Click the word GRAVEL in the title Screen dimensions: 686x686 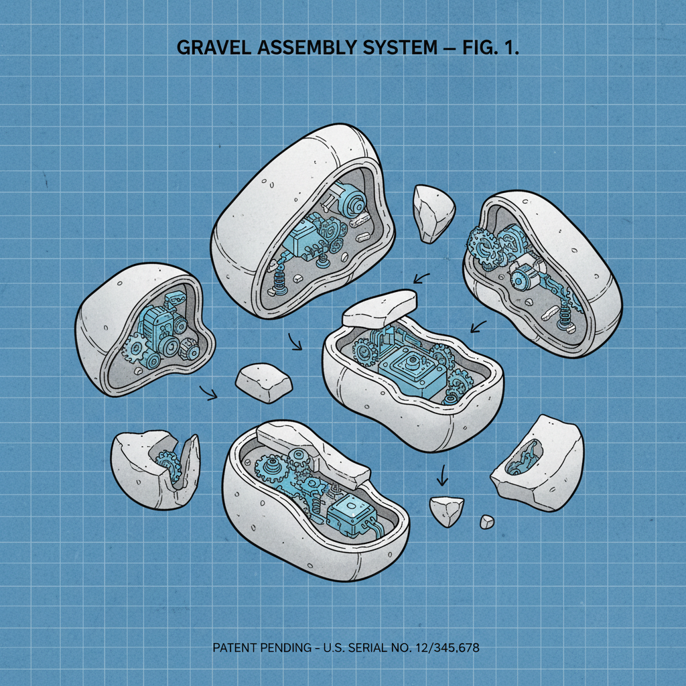point(214,48)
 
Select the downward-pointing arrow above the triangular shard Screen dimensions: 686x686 point(442,476)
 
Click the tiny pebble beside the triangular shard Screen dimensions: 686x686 point(487,521)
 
